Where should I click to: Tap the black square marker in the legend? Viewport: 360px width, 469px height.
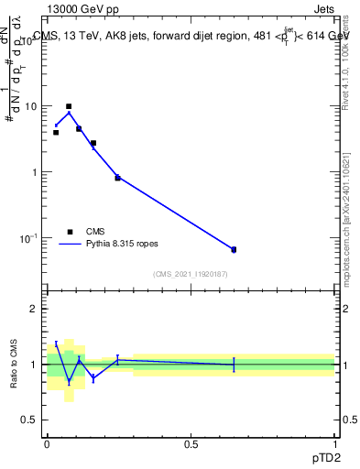tap(70, 232)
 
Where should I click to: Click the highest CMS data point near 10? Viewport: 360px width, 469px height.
tap(69, 106)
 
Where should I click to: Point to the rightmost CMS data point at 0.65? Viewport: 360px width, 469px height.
tap(234, 249)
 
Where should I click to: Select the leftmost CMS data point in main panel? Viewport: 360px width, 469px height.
tap(56, 133)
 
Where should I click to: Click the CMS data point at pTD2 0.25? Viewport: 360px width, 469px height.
tap(117, 178)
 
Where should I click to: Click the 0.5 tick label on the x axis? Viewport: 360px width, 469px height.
tap(191, 444)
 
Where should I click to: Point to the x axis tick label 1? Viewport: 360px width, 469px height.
tap(335, 444)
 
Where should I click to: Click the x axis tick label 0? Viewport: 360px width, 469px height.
tap(47, 444)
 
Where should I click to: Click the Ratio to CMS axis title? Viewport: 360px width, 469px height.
tap(13, 365)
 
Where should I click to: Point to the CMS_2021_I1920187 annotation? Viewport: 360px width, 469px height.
tap(190, 274)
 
